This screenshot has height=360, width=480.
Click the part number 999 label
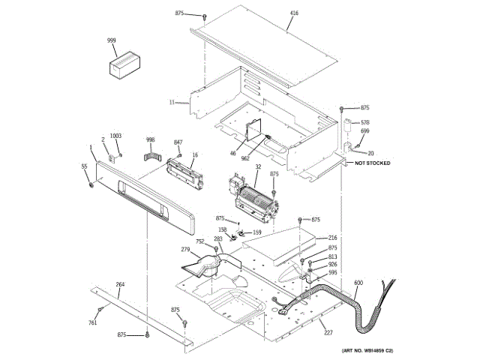pyautogui.click(x=111, y=40)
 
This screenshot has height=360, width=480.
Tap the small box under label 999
pyautogui.click(x=124, y=64)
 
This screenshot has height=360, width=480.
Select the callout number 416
pyautogui.click(x=293, y=14)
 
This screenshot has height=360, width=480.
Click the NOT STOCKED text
pyautogui.click(x=372, y=163)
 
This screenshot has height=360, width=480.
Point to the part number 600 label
pyautogui.click(x=358, y=282)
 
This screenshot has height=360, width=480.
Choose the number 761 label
pyautogui.click(x=93, y=323)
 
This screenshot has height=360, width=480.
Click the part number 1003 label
pyautogui.click(x=115, y=136)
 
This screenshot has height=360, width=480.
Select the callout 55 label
pyautogui.click(x=84, y=166)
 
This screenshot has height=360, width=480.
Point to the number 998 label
pyautogui.click(x=150, y=139)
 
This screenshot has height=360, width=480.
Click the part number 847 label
pyautogui.click(x=178, y=142)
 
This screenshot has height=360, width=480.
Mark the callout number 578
pyautogui.click(x=365, y=122)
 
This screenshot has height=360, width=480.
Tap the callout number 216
pyautogui.click(x=332, y=238)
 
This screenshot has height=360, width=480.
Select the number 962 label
pyautogui.click(x=244, y=158)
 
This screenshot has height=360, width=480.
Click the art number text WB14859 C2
pyautogui.click(x=367, y=351)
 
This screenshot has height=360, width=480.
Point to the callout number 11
pyautogui.click(x=172, y=102)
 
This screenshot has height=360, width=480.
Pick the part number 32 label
pyautogui.click(x=258, y=167)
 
